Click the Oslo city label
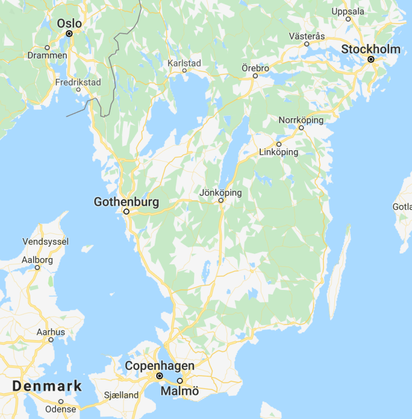(70, 23)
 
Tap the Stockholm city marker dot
(370, 59)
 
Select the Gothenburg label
(126, 202)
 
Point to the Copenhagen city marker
(160, 376)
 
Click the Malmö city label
(180, 391)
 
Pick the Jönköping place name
(220, 192)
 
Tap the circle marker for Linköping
(279, 144)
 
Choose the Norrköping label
(301, 120)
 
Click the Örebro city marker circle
(255, 76)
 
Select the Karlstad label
(184, 63)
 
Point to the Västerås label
(306, 36)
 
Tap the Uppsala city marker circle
(348, 19)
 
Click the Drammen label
(47, 56)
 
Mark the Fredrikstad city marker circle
(78, 90)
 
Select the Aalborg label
(37, 260)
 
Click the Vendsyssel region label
(46, 241)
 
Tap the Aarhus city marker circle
(51, 340)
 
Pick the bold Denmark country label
(47, 386)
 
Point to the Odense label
(60, 409)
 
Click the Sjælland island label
(122, 395)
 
